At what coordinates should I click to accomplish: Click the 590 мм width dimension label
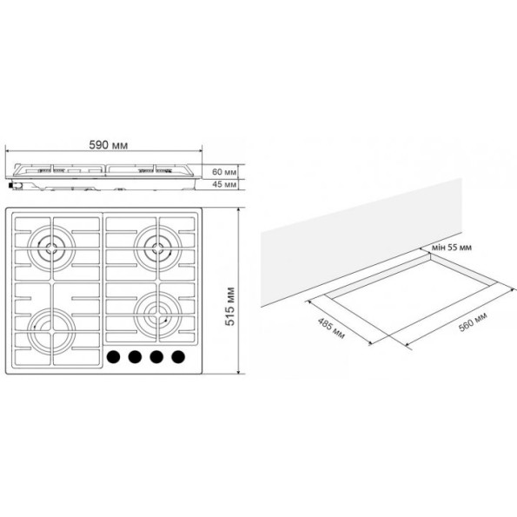(x=108, y=145)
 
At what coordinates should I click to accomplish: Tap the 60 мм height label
(x=224, y=172)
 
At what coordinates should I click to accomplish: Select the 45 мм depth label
(x=224, y=184)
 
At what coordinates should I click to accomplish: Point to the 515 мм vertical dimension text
(x=229, y=307)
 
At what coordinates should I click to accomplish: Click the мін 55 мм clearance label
(x=451, y=248)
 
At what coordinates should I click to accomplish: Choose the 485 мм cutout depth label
(x=331, y=328)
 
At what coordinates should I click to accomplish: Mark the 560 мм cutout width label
(x=473, y=321)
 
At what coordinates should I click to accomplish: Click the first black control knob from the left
(x=114, y=357)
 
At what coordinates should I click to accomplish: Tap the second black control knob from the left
(x=135, y=357)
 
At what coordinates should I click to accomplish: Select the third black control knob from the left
(x=156, y=357)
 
